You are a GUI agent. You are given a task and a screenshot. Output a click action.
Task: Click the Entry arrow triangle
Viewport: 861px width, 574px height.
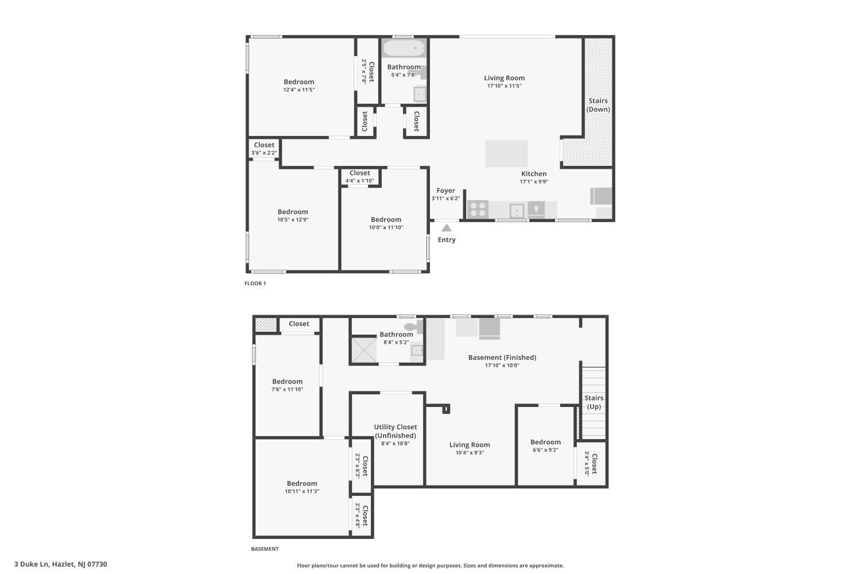[447, 228]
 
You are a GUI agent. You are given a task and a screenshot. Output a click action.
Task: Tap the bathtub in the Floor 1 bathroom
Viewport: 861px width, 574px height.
[404, 48]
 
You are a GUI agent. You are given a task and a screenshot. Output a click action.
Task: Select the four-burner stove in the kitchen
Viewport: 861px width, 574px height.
[478, 210]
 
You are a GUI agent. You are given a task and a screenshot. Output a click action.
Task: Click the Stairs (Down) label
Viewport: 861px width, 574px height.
[598, 105]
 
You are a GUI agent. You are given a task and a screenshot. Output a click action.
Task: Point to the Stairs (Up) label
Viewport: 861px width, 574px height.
[594, 402]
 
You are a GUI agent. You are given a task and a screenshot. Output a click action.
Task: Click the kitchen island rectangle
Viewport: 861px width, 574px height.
[506, 153]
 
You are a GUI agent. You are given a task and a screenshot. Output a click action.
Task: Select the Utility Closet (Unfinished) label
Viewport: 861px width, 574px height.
[395, 431]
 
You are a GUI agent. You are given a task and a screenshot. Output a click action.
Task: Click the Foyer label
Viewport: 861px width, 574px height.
[445, 191]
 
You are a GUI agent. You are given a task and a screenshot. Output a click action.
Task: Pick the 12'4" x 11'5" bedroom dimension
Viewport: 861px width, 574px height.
[299, 90]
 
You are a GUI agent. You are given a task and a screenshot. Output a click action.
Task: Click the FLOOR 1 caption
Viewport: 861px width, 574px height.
[255, 284]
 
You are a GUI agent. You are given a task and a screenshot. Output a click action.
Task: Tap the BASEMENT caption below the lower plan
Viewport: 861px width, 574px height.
[265, 549]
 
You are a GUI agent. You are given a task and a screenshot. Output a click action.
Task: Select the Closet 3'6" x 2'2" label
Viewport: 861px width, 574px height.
[264, 149]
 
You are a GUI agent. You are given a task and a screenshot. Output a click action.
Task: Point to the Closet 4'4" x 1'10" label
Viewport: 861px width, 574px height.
[360, 177]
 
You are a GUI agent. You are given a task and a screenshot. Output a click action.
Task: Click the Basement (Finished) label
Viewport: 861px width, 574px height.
[502, 357]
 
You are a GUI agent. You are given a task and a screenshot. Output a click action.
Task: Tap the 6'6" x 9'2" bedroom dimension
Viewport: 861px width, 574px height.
[545, 450]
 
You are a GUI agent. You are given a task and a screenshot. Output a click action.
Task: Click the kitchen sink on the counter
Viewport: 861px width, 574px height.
[517, 211]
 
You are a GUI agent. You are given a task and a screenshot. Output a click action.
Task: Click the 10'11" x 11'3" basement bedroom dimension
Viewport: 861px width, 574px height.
[302, 491]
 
